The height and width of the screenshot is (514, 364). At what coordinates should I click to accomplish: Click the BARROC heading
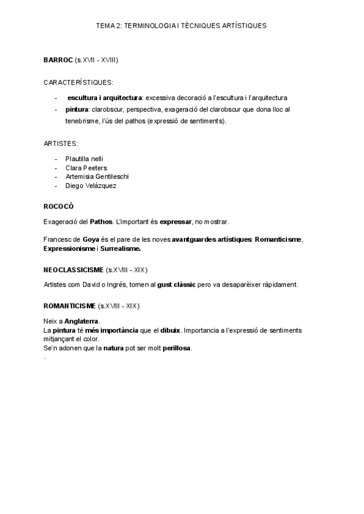point(58,59)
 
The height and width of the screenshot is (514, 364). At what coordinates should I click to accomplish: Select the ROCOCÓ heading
point(58,206)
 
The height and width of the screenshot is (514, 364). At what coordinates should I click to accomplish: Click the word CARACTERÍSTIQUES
point(78,82)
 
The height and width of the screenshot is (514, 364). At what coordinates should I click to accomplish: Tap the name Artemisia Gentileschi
point(97,176)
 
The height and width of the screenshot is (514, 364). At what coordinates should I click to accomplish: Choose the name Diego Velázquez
point(91,186)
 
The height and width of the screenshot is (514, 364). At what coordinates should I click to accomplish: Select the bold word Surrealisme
point(120,249)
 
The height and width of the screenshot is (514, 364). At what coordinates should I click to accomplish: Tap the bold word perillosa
point(174,348)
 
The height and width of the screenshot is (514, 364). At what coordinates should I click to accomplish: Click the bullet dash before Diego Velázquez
point(56,186)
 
